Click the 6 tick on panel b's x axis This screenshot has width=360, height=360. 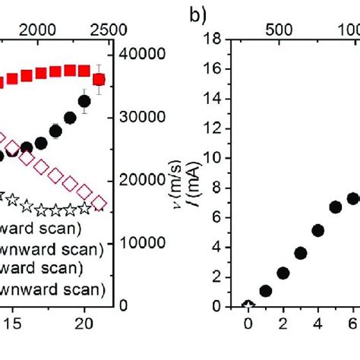(x=352, y=322)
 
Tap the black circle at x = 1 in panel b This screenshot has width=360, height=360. (x=265, y=291)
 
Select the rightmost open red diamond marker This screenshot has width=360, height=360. (x=99, y=204)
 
